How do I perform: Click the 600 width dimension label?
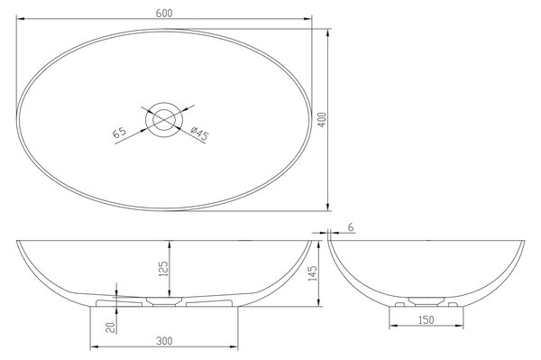click(x=164, y=13)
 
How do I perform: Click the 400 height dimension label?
click(x=322, y=119)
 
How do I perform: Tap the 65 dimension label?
click(x=119, y=133)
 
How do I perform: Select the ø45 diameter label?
click(x=199, y=134)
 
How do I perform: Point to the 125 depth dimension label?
click(x=163, y=269)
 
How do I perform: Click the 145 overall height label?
click(x=312, y=273)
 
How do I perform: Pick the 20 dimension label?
click(x=110, y=328)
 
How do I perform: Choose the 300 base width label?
click(x=164, y=341)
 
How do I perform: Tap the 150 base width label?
click(x=426, y=320)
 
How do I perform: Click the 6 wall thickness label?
click(x=351, y=227)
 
